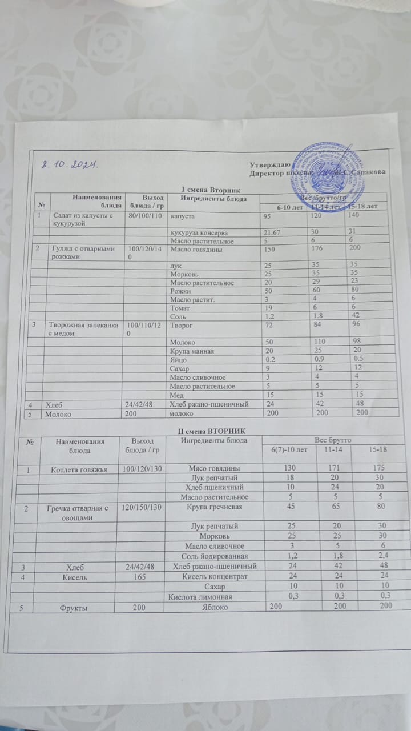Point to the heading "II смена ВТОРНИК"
(205, 429)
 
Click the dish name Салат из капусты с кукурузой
(76, 220)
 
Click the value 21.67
(273, 233)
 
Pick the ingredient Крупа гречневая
(219, 507)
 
